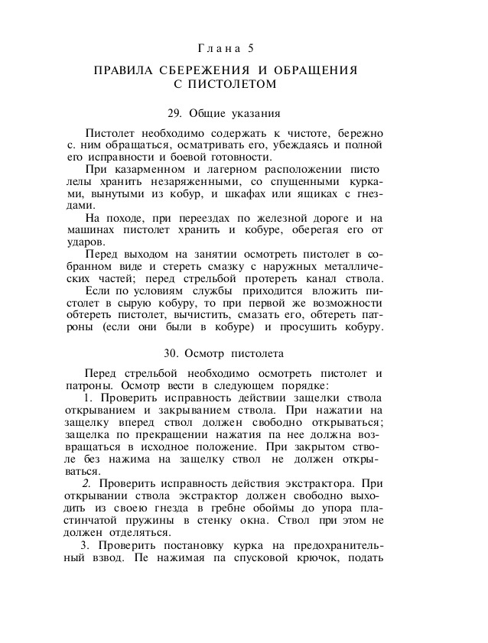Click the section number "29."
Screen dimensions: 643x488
(175, 113)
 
